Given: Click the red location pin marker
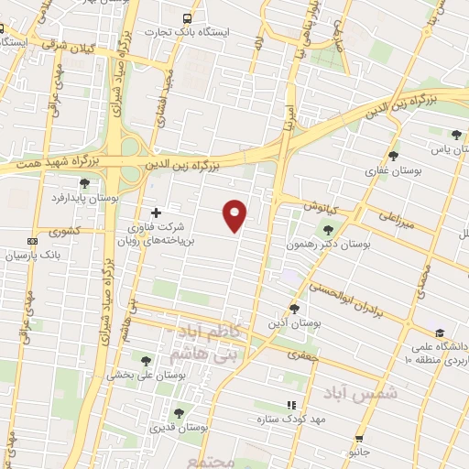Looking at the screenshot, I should pyautogui.click(x=235, y=215).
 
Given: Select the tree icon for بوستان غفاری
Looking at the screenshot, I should pyautogui.click(x=394, y=156).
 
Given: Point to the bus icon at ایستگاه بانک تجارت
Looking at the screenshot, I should pyautogui.click(x=188, y=18).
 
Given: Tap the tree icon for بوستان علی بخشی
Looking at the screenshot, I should pyautogui.click(x=147, y=360).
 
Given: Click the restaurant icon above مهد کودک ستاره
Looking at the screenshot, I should pyautogui.click(x=291, y=405).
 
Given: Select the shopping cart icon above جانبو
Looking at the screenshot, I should pyautogui.click(x=359, y=440).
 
